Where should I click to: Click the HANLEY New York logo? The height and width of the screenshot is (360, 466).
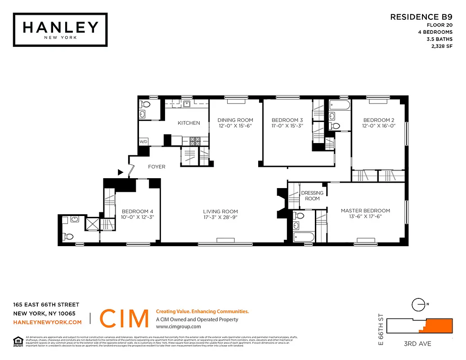pyautogui.click(x=60, y=29)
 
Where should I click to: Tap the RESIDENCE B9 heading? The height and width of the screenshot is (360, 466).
pyautogui.click(x=421, y=17)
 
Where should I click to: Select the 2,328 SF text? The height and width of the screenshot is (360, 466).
pyautogui.click(x=441, y=46)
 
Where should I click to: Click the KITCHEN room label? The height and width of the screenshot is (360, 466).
pyautogui.click(x=188, y=123)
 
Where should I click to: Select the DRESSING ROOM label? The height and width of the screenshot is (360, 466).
pyautogui.click(x=312, y=196)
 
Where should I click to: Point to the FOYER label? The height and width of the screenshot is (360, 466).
pyautogui.click(x=157, y=166)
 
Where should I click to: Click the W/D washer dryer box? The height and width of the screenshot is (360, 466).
pyautogui.click(x=143, y=141)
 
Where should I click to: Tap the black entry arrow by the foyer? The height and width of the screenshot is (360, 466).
pyautogui.click(x=120, y=172)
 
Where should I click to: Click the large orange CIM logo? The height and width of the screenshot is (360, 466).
pyautogui.click(x=124, y=319)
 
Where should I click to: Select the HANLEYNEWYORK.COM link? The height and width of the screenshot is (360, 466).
pyautogui.click(x=47, y=322)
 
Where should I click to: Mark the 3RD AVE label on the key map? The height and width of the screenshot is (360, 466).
pyautogui.click(x=418, y=344)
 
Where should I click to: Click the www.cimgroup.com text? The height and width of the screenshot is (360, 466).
pyautogui.click(x=178, y=327)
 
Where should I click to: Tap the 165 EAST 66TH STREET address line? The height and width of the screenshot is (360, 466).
pyautogui.click(x=46, y=305)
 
